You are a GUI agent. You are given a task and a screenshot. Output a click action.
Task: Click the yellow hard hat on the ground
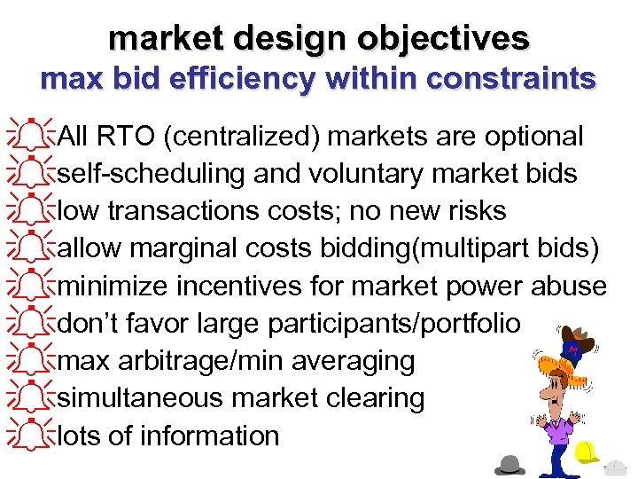pyautogui.click(x=587, y=452)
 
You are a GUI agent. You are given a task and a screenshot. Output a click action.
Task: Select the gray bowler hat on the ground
pyautogui.click(x=511, y=464)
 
